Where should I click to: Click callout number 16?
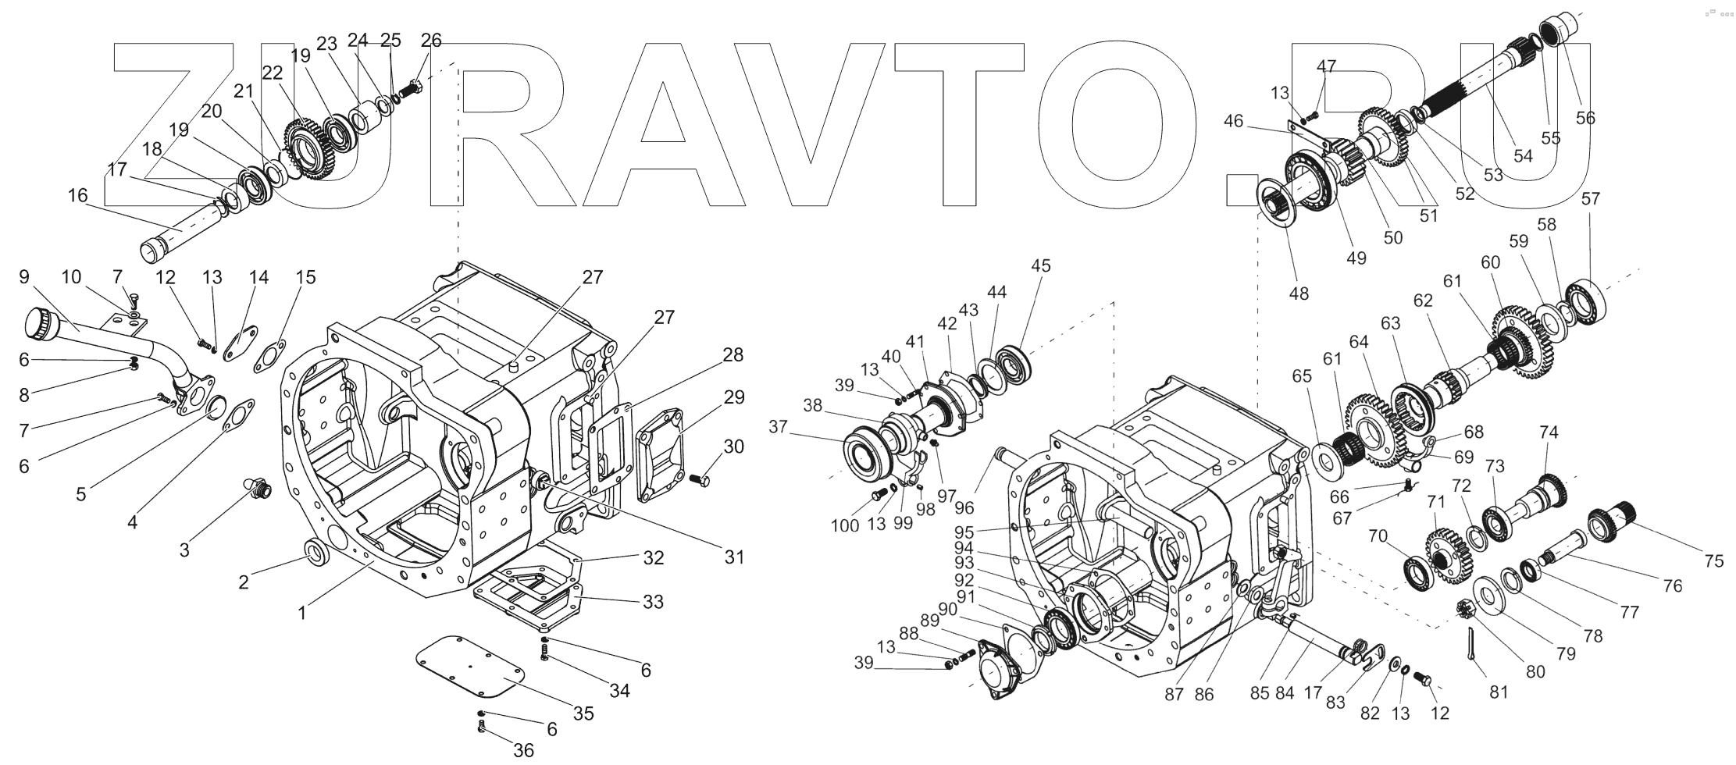78,195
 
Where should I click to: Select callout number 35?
583,713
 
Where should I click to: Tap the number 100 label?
845,525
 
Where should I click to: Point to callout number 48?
1299,293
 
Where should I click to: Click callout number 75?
1713,561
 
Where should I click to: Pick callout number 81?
1499,692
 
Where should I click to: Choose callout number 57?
1591,199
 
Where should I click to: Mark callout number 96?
964,507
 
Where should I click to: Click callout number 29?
733,397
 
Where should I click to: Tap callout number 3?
184,550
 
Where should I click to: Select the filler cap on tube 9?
37,322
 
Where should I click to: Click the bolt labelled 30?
700,479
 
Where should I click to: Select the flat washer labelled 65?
1325,460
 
